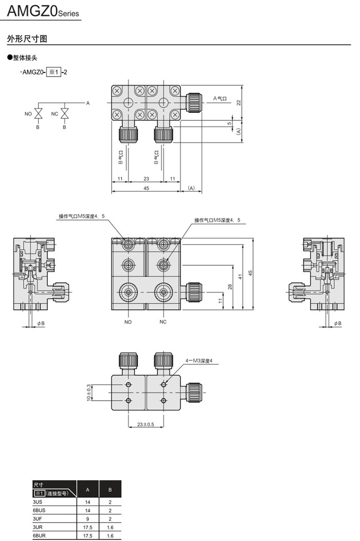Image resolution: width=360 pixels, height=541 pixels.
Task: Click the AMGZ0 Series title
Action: click(x=43, y=11)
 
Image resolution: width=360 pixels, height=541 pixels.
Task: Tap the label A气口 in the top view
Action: click(x=220, y=98)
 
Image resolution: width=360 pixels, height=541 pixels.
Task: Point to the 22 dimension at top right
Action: click(x=239, y=102)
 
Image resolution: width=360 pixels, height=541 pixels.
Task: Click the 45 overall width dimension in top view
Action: click(x=147, y=189)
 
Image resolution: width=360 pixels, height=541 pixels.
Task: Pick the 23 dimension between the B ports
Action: click(x=147, y=179)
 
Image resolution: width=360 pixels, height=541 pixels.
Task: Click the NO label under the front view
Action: click(x=128, y=322)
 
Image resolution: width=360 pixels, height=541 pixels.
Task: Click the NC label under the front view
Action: click(x=163, y=322)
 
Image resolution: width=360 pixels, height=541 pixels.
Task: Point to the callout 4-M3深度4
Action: click(x=199, y=361)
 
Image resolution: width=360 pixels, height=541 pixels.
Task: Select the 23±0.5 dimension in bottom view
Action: click(x=146, y=424)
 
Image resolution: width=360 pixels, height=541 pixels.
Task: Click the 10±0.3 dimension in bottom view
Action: click(x=88, y=393)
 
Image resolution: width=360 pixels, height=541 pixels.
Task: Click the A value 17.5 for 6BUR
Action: click(x=87, y=536)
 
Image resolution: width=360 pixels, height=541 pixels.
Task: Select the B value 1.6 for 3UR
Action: click(x=110, y=527)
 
